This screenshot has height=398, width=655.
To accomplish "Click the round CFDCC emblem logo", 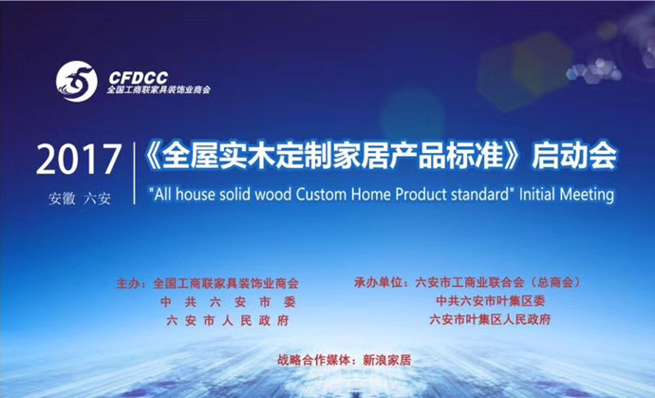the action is tap(77, 82).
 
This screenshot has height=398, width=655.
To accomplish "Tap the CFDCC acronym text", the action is tap(139, 77).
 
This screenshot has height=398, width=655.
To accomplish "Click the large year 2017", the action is tap(79, 160).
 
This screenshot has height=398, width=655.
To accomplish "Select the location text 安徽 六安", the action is tap(80, 199).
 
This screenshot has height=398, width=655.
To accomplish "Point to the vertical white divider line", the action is tap(135, 173).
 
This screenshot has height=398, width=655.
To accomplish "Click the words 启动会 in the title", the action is tap(574, 155).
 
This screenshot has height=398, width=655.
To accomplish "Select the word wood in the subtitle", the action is tap(272, 195).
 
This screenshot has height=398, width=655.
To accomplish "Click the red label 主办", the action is tap(129, 284).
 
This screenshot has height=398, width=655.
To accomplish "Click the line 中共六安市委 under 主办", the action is tap(228, 302).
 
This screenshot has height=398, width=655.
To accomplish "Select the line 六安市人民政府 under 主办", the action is tap(228, 321).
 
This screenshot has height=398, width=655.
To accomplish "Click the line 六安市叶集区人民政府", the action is tap(490, 319).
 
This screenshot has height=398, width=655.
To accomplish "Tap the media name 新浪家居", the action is tap(387, 360).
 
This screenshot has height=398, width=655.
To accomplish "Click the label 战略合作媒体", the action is tap(313, 360).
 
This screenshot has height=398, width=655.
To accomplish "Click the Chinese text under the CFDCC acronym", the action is tap(159, 90).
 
